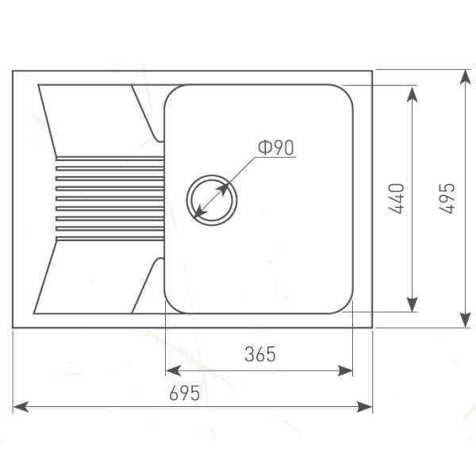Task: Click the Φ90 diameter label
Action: [x=276, y=148]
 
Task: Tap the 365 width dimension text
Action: [x=260, y=354]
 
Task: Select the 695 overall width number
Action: [x=185, y=393]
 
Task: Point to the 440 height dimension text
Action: [x=397, y=198]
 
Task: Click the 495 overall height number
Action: [x=447, y=198]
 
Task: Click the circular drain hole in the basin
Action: [x=212, y=200]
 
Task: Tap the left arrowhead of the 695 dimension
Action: [x=21, y=406]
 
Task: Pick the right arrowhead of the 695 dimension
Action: [x=364, y=406]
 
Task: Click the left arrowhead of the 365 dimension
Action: [x=174, y=370]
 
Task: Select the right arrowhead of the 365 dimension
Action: [x=345, y=370]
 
